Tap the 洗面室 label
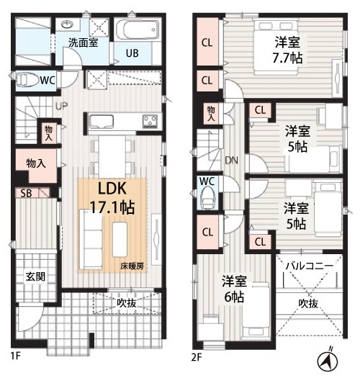coord(84,42)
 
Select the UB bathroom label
coord(132,53)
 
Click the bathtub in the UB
coord(138,30)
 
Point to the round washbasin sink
coord(66,24)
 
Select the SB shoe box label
coord(26,194)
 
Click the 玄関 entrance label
coord(35,276)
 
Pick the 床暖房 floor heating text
coord(132,266)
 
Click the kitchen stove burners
coord(150,121)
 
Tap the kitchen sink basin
coord(102,122)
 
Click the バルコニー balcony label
coord(310,266)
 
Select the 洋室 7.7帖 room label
coord(287,50)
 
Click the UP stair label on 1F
coord(62,106)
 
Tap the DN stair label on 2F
coord(231,161)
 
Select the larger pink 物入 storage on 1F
coord(36,164)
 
